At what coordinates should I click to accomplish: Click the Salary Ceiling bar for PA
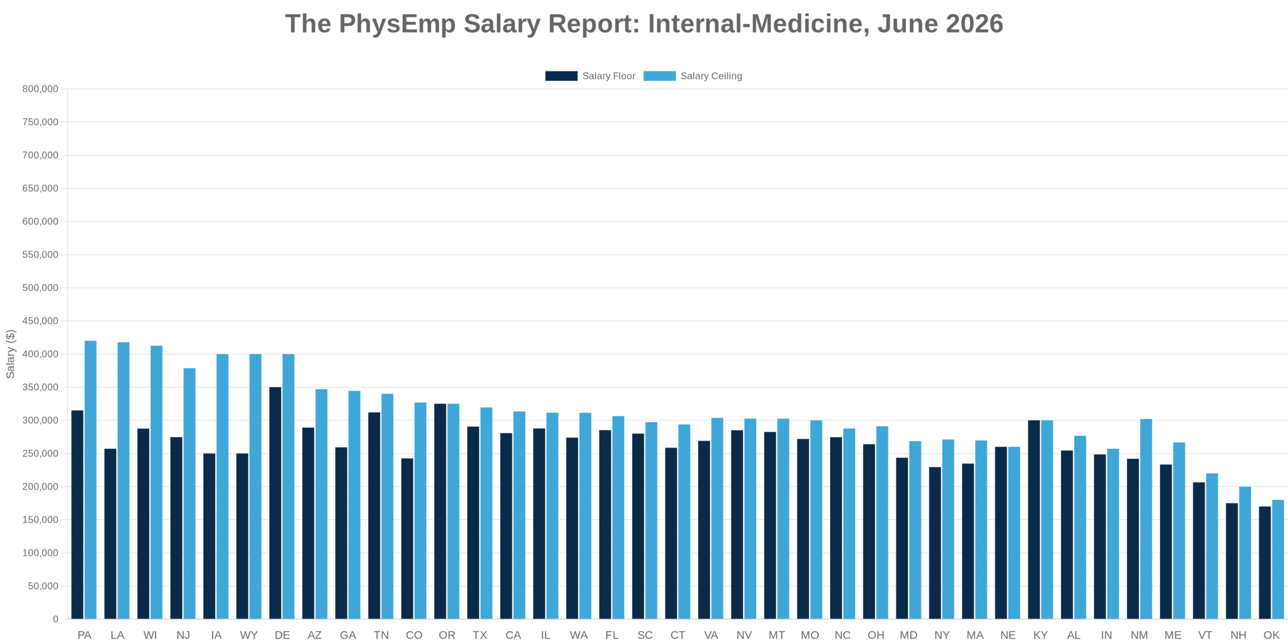pyautogui.click(x=91, y=479)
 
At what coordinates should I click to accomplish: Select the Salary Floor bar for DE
pyautogui.click(x=275, y=503)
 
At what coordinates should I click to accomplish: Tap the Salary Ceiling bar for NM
pyautogui.click(x=1146, y=519)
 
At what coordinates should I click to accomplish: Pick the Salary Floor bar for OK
pyautogui.click(x=1265, y=562)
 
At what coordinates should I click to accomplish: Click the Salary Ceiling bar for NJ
pyautogui.click(x=189, y=494)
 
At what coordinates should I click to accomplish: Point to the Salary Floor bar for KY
pyautogui.click(x=1034, y=519)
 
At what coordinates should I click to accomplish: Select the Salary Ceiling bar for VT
pyautogui.click(x=1212, y=546)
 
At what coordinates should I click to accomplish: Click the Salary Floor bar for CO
pyautogui.click(x=407, y=538)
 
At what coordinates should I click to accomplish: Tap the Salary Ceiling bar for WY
pyautogui.click(x=256, y=487)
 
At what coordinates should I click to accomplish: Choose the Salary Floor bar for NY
pyautogui.click(x=935, y=543)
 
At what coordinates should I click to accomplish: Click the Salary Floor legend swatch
pyautogui.click(x=561, y=76)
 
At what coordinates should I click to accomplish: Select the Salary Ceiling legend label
pyautogui.click(x=711, y=76)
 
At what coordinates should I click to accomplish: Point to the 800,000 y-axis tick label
pyautogui.click(x=40, y=89)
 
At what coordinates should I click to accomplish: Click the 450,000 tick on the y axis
pyautogui.click(x=40, y=320)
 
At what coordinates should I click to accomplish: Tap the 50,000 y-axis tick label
pyautogui.click(x=43, y=586)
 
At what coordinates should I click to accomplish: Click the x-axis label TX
pyautogui.click(x=479, y=635)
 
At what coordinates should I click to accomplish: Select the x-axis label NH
pyautogui.click(x=1238, y=635)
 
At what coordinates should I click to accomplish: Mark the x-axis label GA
pyautogui.click(x=348, y=635)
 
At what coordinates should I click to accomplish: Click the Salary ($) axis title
pyautogui.click(x=10, y=354)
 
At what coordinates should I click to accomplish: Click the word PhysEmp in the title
pyautogui.click(x=397, y=24)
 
